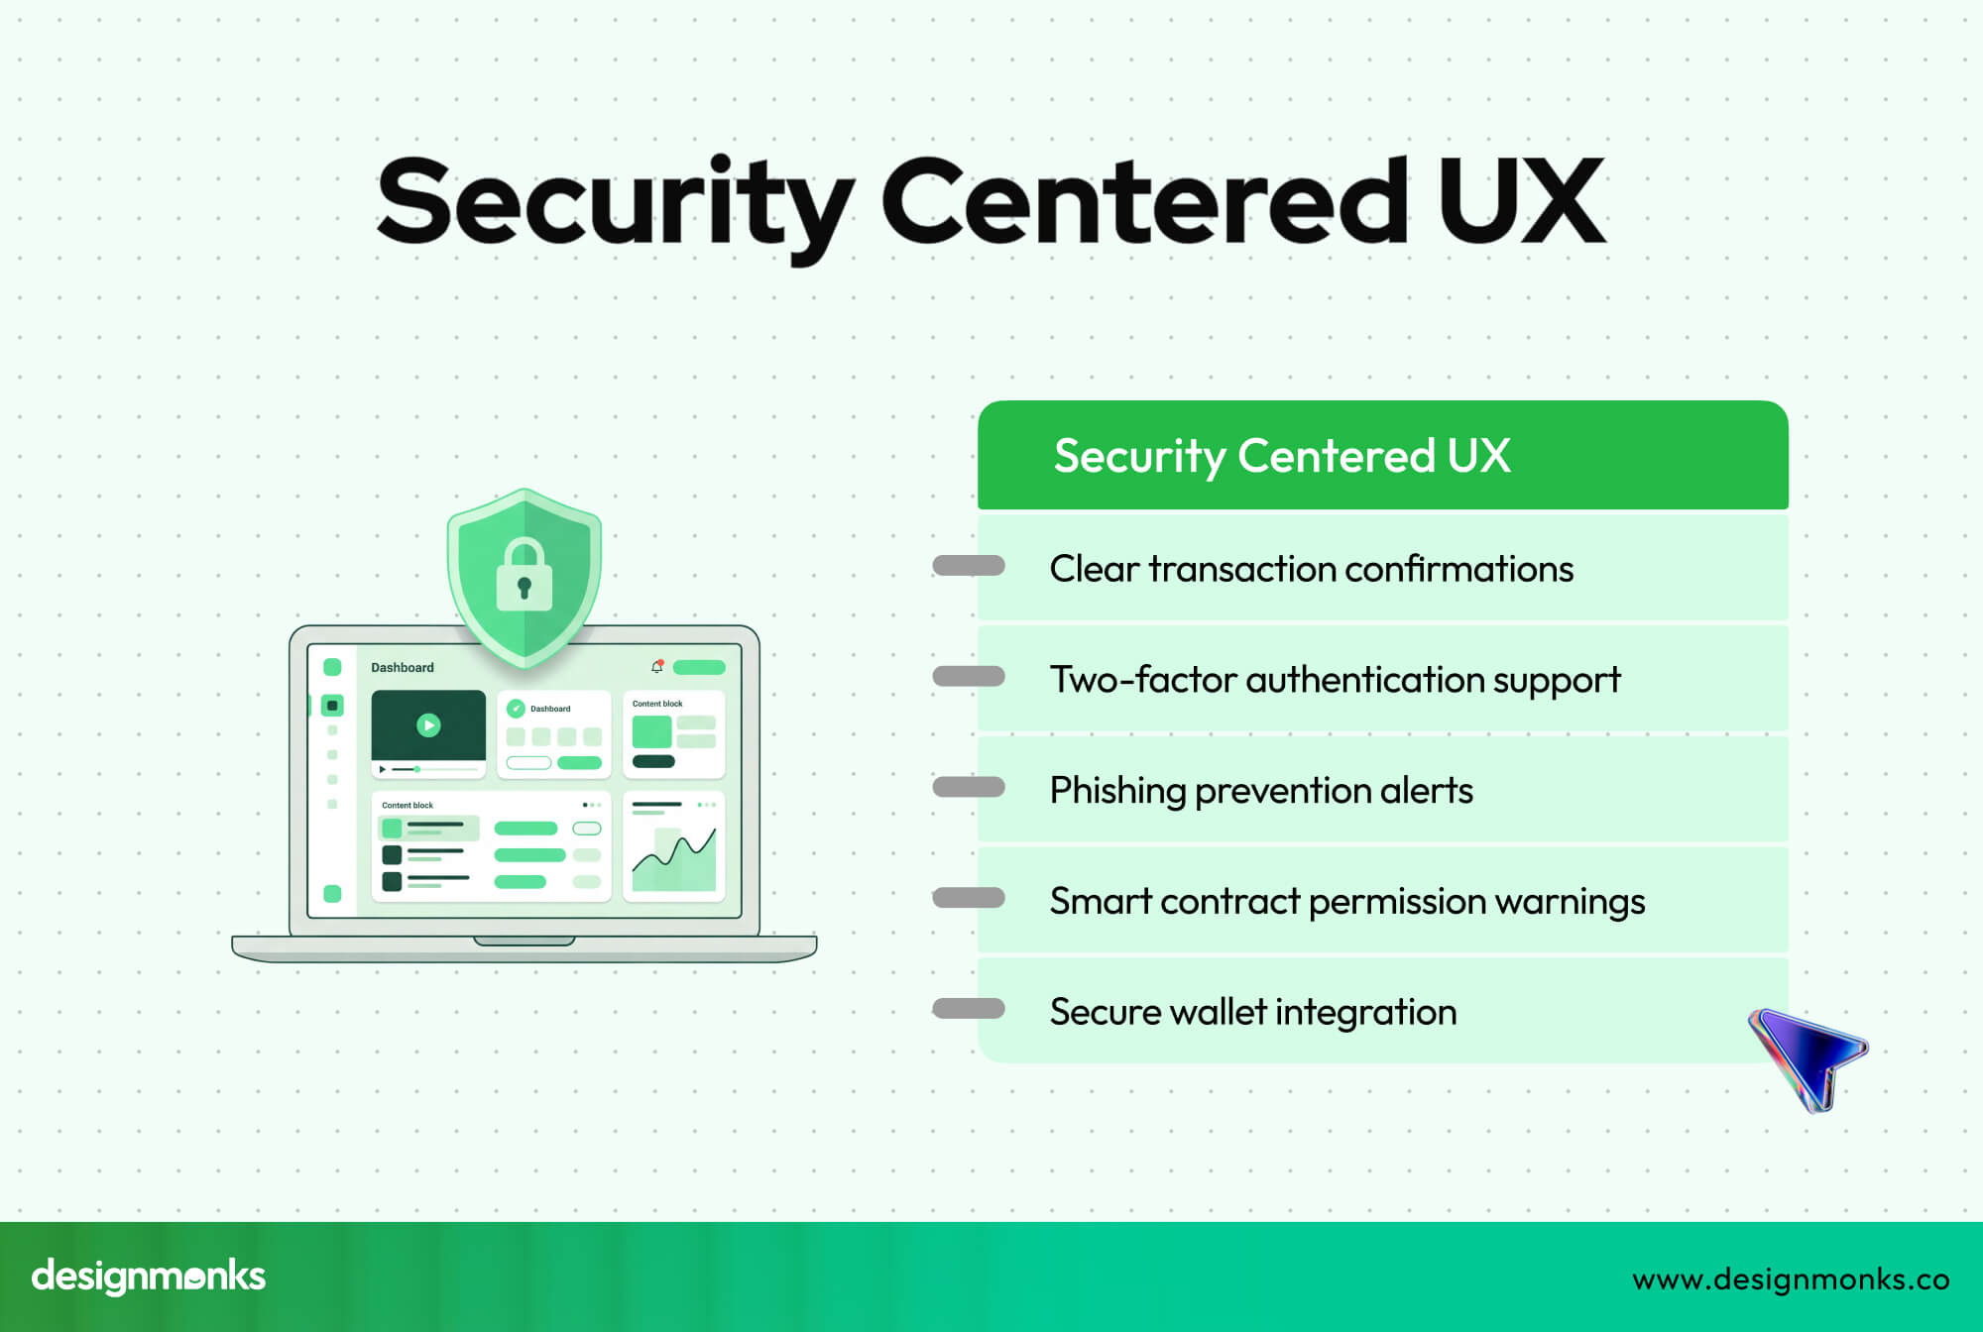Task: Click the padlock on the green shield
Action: click(x=524, y=577)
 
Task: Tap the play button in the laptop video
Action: click(x=428, y=724)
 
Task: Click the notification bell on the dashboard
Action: click(x=656, y=667)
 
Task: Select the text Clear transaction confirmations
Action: click(x=1311, y=569)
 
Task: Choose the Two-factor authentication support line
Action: click(x=1335, y=680)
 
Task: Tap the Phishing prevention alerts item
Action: click(x=1260, y=791)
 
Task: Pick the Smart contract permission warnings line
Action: click(x=1346, y=902)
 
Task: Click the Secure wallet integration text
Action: click(x=1252, y=1012)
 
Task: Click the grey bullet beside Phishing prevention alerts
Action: click(x=969, y=788)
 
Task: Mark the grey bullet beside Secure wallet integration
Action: click(x=969, y=1009)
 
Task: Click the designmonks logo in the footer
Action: click(x=149, y=1276)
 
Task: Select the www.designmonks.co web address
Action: click(x=1791, y=1279)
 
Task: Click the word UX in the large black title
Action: click(x=1521, y=201)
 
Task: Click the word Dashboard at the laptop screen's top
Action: click(x=403, y=668)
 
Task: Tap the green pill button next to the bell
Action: click(x=699, y=668)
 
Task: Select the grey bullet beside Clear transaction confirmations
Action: click(x=969, y=566)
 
